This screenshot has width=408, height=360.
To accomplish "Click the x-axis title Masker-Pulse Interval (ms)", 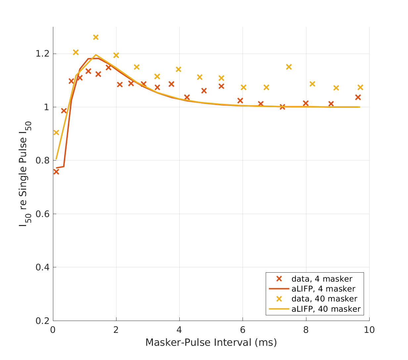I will [x=211, y=342].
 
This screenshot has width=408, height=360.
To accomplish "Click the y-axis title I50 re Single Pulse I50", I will [x=24, y=173].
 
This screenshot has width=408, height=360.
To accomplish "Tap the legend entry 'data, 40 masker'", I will [x=324, y=299].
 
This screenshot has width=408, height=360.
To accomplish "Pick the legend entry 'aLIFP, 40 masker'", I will [x=326, y=309].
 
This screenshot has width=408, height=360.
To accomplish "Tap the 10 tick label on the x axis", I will [x=369, y=330].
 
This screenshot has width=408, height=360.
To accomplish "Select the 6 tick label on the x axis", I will [x=243, y=330].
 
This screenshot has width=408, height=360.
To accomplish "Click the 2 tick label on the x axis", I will [x=116, y=330].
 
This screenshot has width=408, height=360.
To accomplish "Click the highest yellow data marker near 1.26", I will [x=96, y=37].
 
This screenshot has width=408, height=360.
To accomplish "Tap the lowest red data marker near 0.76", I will [x=56, y=172].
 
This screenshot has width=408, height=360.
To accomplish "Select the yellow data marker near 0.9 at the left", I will [x=56, y=132].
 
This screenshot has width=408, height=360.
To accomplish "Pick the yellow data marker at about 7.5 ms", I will [x=289, y=67].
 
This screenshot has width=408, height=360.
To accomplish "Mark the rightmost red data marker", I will [x=358, y=97].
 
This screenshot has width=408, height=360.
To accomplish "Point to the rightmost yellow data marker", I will [x=360, y=87].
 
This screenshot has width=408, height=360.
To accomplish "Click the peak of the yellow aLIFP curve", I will [x=96, y=55].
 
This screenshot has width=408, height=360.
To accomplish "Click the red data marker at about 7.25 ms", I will [x=282, y=107].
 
